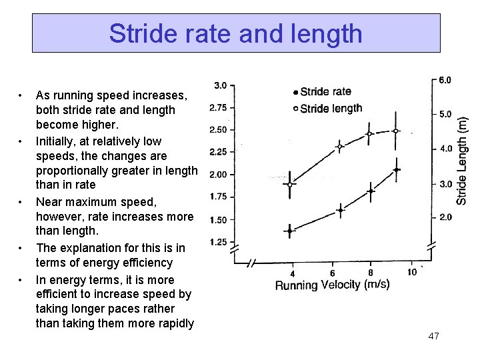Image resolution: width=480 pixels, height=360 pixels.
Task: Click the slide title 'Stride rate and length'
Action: (236, 33)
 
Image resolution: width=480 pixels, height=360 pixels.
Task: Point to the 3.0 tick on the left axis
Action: (219, 85)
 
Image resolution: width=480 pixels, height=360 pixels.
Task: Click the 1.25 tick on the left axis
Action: (218, 243)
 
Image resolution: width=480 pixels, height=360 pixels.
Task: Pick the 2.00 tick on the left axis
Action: (218, 175)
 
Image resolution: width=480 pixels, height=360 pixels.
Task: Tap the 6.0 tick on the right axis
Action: (444, 79)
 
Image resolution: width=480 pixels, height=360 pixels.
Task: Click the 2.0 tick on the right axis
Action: (444, 217)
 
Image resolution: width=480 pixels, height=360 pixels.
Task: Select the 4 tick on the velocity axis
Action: (292, 274)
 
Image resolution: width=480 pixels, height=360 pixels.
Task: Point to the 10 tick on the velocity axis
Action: (412, 271)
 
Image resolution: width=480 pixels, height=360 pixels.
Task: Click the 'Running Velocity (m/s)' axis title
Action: (332, 285)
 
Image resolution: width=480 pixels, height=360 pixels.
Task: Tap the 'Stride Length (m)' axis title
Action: (461, 157)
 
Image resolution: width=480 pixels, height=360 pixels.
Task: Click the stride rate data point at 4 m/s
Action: (289, 231)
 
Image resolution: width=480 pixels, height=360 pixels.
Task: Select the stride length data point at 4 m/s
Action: (289, 185)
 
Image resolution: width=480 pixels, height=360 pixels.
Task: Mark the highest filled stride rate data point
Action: (397, 170)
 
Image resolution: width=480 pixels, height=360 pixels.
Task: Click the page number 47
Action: (433, 336)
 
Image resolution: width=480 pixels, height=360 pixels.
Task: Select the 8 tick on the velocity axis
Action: (371, 272)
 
